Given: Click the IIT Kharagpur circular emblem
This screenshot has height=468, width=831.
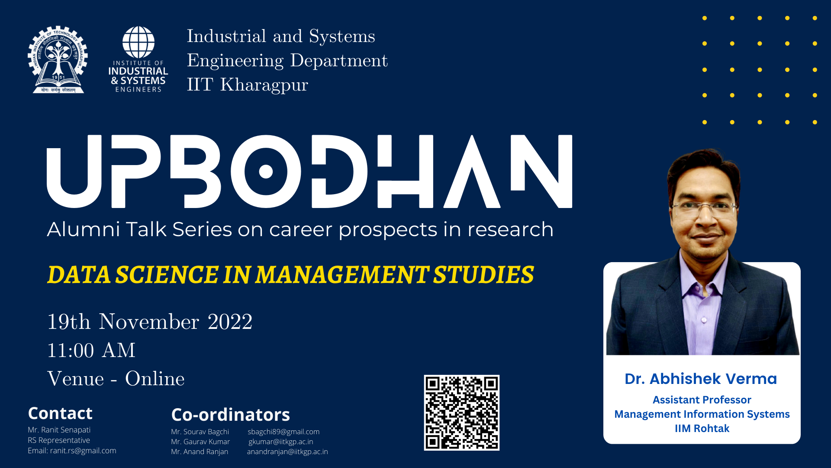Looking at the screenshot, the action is point(58,59).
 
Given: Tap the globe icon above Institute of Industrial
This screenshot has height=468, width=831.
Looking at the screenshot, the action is point(138,42).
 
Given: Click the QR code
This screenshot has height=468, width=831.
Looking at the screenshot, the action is point(461,413).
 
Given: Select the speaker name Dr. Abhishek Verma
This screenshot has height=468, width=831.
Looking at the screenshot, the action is point(701,379).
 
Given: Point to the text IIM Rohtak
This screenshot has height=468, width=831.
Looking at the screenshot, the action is point(702,429).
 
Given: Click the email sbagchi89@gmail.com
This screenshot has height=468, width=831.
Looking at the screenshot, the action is point(283,432).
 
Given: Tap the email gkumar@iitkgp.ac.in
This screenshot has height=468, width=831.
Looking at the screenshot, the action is point(281,442).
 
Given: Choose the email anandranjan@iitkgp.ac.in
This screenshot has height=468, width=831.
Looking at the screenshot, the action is point(287,452).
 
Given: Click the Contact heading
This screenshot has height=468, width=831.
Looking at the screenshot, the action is point(60,413).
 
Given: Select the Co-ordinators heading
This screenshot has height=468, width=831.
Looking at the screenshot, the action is point(231,415).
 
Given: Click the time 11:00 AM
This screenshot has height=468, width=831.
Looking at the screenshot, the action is point(91,350).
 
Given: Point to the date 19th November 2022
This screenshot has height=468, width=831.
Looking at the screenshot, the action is point(150,322).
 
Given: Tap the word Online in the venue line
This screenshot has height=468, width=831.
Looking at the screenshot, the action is point(155,379).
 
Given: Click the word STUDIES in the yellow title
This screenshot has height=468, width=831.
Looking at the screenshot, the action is point(483,275).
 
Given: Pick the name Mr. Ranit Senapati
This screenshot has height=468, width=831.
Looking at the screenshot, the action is point(59,430).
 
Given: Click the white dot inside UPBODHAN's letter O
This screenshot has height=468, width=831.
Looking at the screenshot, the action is point(266,172).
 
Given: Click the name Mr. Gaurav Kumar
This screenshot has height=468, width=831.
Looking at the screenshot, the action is point(200,442).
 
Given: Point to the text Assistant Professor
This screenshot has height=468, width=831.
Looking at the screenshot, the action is point(702,400).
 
